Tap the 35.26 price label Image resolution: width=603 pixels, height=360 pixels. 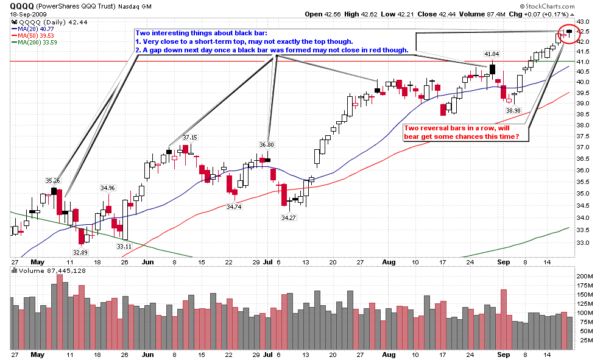(53, 180)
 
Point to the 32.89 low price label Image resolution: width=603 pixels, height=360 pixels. (80, 252)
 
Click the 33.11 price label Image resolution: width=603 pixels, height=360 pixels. (124, 246)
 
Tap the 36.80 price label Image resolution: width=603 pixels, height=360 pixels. (266, 144)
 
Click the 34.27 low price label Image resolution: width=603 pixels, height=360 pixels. (289, 217)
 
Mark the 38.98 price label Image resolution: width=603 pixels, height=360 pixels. (513, 110)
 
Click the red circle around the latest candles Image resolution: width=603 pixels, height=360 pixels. (569, 33)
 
